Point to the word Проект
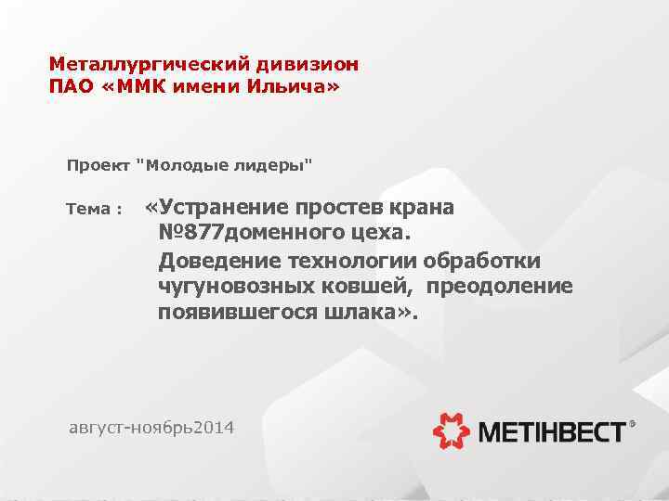pyautogui.click(x=98, y=166)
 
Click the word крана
pyautogui.click(x=419, y=207)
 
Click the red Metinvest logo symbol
pyautogui.click(x=453, y=430)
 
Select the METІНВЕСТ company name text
pyautogui.click(x=552, y=430)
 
